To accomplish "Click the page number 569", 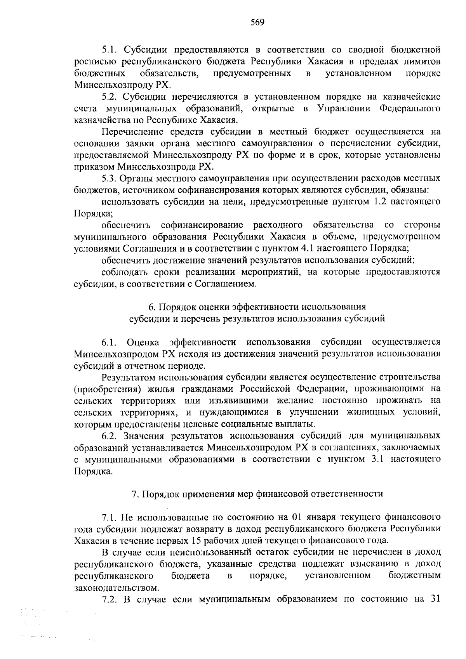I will pyautogui.click(x=257, y=22).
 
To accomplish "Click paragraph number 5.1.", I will pyautogui.click(x=109, y=50).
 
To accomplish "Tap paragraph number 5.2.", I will pyautogui.click(x=109, y=97).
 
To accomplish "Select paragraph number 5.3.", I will pyautogui.click(x=109, y=179).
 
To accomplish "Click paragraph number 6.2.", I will pyautogui.click(x=109, y=436).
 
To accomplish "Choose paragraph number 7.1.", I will pyautogui.click(x=109, y=517).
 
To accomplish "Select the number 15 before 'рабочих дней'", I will pyautogui.click(x=197, y=540).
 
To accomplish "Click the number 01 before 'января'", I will pyautogui.click(x=297, y=517).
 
